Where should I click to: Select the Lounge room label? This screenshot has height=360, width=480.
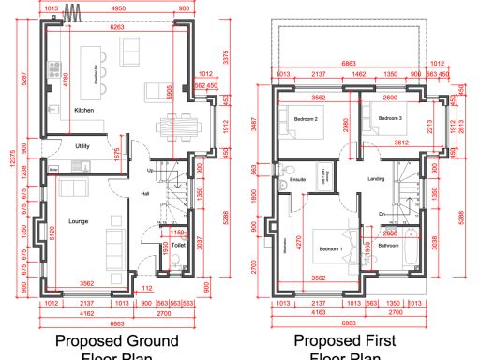click(78, 222)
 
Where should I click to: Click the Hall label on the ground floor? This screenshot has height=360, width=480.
click(145, 194)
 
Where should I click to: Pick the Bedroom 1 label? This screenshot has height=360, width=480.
click(330, 249)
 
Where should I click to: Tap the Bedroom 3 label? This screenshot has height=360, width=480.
click(389, 119)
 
